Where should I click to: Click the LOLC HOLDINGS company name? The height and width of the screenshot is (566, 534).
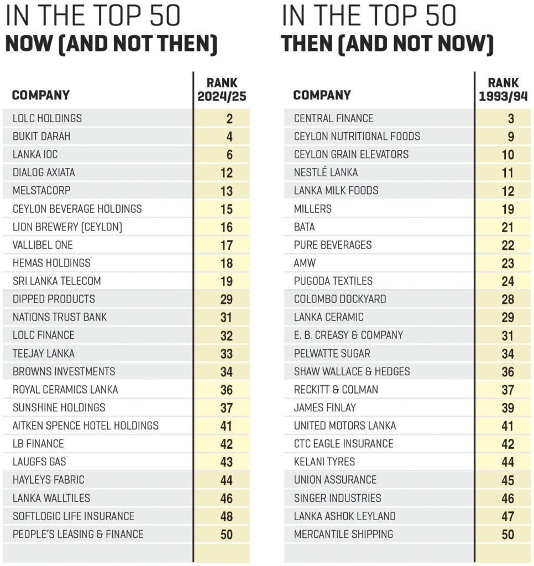click(x=47, y=118)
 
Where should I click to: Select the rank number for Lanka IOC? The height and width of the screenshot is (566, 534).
click(x=229, y=155)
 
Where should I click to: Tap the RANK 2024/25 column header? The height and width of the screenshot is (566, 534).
click(x=222, y=90)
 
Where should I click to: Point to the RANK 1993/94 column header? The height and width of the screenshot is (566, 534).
click(x=503, y=90)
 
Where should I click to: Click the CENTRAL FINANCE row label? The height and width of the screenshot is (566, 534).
click(x=333, y=118)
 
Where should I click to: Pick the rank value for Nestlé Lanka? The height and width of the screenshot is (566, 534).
click(x=507, y=173)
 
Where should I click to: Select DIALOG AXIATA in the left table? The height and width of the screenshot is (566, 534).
click(x=44, y=172)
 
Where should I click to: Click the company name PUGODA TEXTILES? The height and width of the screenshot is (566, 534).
click(x=333, y=281)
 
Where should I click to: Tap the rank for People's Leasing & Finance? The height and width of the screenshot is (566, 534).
click(x=226, y=534)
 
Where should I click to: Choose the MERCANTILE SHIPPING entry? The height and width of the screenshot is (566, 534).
click(x=343, y=534)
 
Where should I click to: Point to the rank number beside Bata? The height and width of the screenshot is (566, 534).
click(x=507, y=227)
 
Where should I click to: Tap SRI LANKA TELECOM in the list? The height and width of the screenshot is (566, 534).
click(x=57, y=281)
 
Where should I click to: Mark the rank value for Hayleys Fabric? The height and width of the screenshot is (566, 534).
click(x=226, y=480)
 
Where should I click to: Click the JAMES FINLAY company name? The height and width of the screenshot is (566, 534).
click(x=324, y=407)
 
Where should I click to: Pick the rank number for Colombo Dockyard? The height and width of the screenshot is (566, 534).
click(x=507, y=300)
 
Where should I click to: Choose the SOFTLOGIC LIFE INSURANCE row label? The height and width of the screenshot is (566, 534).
click(x=74, y=516)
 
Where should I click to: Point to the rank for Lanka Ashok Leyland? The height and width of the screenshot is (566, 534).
click(x=507, y=517)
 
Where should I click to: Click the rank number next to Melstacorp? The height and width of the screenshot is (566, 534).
click(x=226, y=191)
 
